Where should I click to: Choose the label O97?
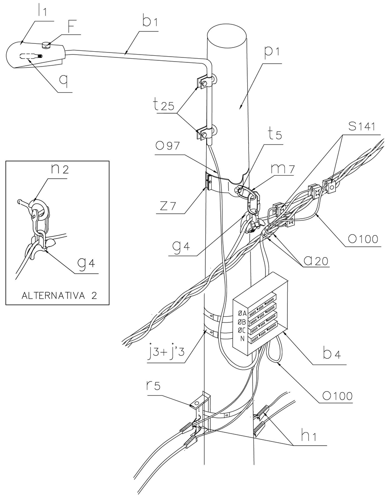pyautogui.click(x=169, y=146)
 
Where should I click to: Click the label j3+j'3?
pyautogui.click(x=167, y=353)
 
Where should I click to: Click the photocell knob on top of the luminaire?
pyautogui.click(x=47, y=45)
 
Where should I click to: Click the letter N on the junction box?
pyautogui.click(x=243, y=339)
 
